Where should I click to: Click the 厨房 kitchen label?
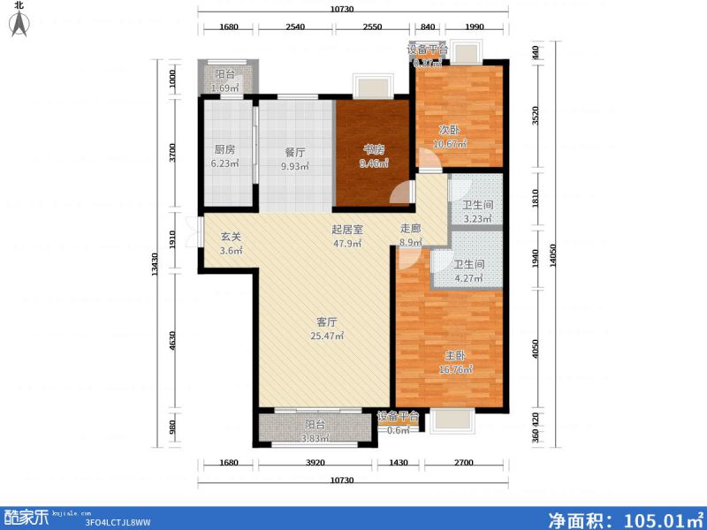224,150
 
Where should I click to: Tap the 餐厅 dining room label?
294,152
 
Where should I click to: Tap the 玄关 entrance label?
231,236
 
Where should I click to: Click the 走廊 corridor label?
411,228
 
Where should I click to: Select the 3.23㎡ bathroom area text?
478,222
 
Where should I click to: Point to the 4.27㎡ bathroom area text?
468,279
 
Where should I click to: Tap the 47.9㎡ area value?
346,244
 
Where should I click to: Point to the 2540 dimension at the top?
295,27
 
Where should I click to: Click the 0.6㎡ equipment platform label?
398,430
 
